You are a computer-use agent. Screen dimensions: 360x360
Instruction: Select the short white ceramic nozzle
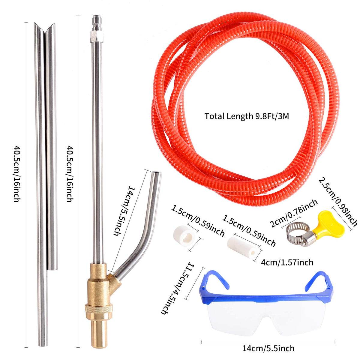pos(184,235)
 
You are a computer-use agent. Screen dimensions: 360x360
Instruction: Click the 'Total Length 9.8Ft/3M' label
pos(247,116)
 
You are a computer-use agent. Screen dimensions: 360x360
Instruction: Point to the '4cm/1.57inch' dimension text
pos(287,262)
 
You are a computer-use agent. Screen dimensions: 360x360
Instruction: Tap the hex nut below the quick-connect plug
pos(97,36)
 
